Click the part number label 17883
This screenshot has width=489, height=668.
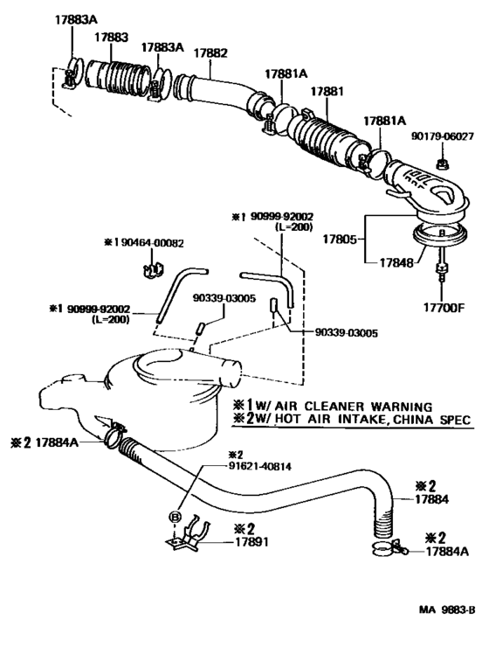(111, 38)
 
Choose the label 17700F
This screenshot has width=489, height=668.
(444, 307)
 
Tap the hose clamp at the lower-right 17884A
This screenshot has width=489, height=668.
(384, 549)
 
